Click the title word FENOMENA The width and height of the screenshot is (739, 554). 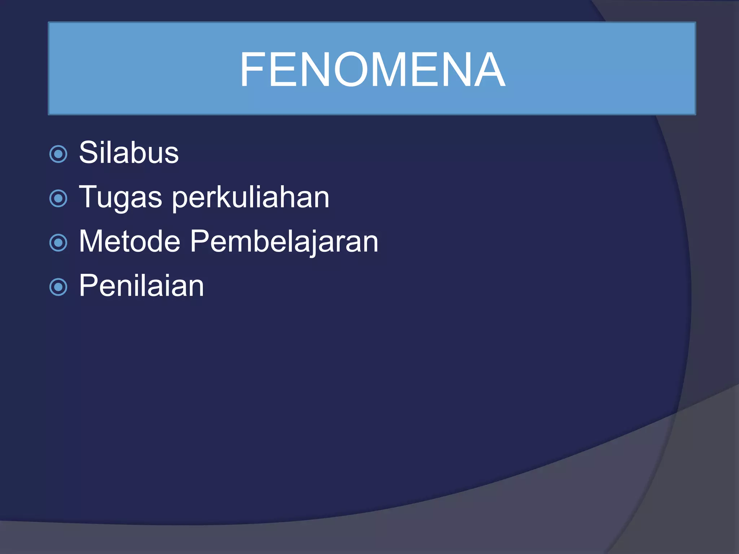372,69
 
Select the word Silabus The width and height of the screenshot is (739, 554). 129,153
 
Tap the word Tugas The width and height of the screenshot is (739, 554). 121,197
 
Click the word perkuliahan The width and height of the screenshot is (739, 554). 250,198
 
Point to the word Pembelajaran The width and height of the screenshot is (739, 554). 284,242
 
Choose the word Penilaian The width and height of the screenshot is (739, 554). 141,286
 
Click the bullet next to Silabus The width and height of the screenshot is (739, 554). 58,154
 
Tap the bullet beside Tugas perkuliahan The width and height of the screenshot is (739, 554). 58,198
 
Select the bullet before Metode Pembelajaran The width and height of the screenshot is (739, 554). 58,243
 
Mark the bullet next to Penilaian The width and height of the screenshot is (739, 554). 58,287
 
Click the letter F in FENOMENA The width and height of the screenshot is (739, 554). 253,69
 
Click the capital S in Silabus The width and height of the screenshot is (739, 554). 88,153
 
